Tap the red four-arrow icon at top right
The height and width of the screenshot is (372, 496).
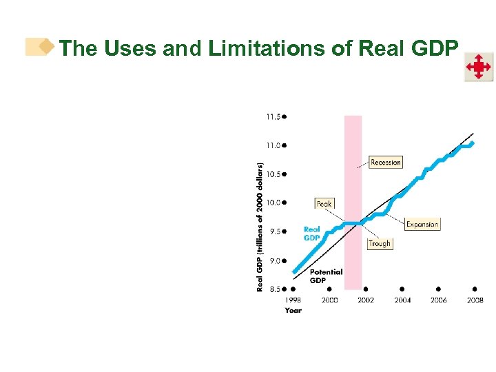coord(478,67)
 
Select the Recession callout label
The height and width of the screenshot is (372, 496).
coord(385,162)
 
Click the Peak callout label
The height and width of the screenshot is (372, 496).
coord(324,203)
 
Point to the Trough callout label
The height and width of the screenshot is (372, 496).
coord(379,243)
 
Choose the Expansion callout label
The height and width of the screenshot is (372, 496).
coord(422,224)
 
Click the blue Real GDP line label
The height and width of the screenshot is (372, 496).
coord(312,234)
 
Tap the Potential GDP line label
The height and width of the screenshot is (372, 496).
coord(326,276)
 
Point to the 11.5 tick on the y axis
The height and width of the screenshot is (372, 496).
coord(273,117)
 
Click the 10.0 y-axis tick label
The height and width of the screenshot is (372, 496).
coord(273,203)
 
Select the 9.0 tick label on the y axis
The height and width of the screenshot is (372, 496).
coord(273,260)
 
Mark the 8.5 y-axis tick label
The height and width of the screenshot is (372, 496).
coord(273,289)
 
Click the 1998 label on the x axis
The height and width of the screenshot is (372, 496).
coord(293,300)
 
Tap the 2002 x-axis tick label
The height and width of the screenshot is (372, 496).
coord(366,300)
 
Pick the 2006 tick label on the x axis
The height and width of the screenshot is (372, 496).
coord(438,300)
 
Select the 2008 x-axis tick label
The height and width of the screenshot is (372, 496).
coord(475,300)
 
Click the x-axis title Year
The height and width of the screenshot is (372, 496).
coord(293,310)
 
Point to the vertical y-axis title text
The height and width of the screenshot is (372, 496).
coord(260,227)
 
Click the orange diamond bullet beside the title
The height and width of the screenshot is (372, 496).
coord(46,46)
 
